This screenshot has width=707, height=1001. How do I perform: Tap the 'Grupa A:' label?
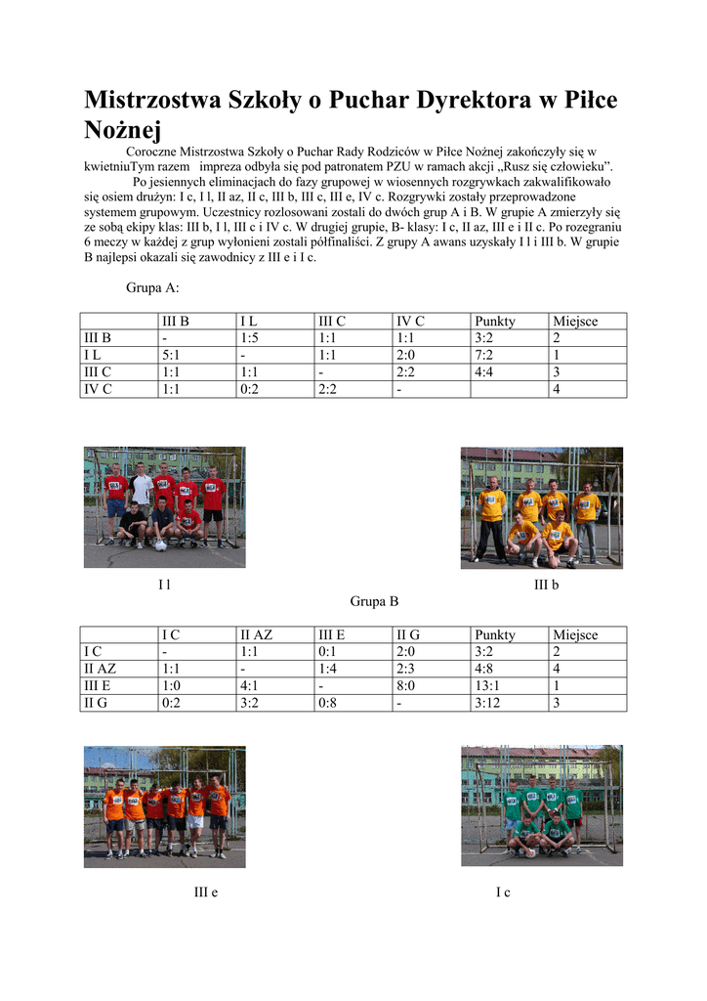tap(152, 288)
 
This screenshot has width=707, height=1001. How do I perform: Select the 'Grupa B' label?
tap(374, 601)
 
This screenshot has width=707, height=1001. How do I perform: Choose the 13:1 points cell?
tap(487, 686)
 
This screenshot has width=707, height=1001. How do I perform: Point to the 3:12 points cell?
tap(487, 703)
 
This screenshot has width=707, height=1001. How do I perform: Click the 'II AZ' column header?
tap(257, 635)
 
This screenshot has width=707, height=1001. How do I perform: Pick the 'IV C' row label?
tap(98, 389)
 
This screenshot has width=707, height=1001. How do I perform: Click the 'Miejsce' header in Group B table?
tap(575, 635)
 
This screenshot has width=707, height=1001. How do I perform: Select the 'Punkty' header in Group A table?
tap(494, 321)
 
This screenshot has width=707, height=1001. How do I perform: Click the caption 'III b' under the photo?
tap(546, 585)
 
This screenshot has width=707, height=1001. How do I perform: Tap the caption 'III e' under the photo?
tap(205, 892)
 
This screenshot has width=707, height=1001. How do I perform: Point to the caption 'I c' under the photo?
tap(503, 892)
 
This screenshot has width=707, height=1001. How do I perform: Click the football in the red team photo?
tap(160, 545)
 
